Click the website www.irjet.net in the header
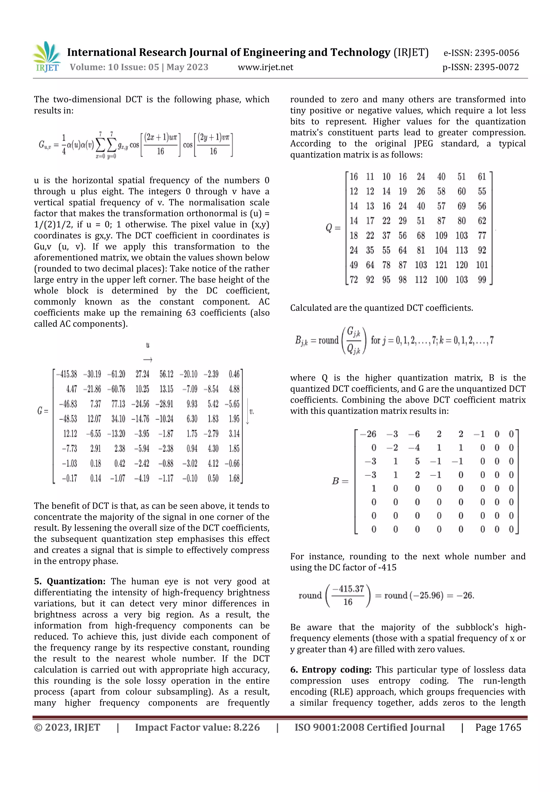265,67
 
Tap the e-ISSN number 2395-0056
497,53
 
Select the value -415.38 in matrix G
67,374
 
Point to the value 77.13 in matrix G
118,404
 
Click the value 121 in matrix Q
441,265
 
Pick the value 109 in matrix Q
441,236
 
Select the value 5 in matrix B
417,461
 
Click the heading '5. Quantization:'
70,581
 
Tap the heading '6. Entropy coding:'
331,670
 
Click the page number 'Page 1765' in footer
498,727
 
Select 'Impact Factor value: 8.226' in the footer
197,727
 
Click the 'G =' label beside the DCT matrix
43,411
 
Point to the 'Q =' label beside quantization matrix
333,228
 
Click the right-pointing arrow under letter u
148,360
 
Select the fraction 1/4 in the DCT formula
64,145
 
